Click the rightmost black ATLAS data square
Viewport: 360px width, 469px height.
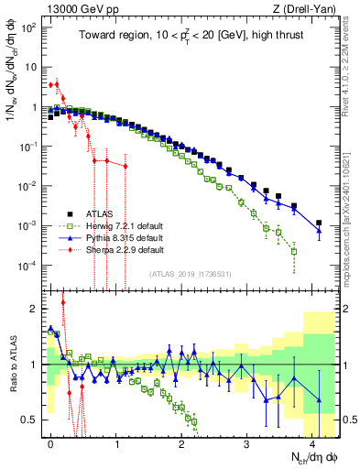pos(319,223)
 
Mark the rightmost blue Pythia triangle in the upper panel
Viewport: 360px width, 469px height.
pos(319,231)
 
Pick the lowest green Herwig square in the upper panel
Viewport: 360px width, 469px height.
pos(294,251)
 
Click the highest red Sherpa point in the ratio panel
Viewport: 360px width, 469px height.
pos(62,302)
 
